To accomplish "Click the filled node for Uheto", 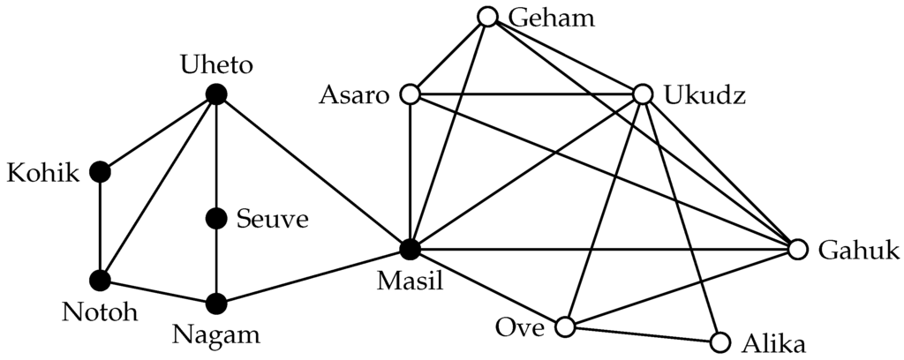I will coord(215,94).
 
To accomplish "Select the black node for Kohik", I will coord(100,171).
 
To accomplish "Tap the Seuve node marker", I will coord(215,218).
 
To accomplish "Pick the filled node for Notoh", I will coord(100,281).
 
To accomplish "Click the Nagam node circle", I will coord(215,304).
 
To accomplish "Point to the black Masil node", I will coord(409,251).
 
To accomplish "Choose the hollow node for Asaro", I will coord(409,94).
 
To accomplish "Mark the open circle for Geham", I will coord(486,16).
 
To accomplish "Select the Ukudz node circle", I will coord(642,94).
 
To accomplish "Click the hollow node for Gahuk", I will coord(797,251).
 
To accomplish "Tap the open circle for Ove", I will coord(564,327).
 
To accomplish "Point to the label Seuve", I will coord(273,219).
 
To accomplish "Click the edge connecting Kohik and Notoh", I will coord(100,226).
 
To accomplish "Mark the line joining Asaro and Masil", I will coord(409,172).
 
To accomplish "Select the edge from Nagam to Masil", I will coord(312,277).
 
